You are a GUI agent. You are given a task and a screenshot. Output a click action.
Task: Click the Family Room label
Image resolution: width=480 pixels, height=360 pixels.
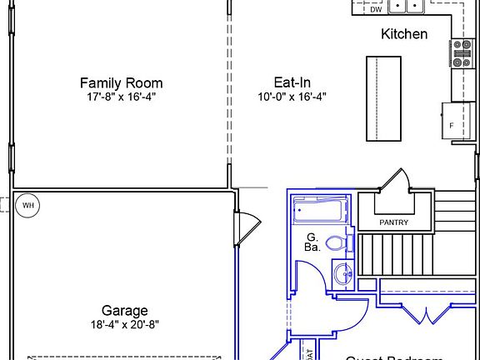121,82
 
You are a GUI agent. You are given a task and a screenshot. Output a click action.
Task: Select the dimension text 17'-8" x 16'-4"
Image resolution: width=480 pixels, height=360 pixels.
121,97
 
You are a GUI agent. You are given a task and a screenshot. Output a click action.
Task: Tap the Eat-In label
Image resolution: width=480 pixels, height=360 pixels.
292,82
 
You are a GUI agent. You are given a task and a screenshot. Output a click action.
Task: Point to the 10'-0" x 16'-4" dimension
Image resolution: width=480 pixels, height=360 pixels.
292,97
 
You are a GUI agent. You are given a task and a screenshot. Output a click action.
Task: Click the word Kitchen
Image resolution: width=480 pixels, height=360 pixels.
404,34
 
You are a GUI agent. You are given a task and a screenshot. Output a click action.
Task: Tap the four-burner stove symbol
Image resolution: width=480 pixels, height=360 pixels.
462,54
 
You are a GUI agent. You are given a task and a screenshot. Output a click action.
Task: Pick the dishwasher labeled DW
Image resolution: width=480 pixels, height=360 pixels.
376,9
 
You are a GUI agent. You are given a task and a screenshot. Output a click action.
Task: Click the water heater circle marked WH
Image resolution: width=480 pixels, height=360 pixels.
27,204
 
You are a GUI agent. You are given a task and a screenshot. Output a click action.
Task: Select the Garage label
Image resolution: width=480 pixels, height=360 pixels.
125,311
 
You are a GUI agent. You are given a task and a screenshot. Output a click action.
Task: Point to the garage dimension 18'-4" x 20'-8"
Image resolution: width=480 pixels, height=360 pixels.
125,325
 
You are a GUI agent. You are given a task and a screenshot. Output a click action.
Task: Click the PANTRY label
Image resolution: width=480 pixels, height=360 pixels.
393,222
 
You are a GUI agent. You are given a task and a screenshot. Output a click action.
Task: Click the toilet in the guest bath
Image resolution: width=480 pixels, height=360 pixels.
337,243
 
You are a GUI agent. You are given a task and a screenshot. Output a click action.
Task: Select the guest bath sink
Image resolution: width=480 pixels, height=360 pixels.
341,272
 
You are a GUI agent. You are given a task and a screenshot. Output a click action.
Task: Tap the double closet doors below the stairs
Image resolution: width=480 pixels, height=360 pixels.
427,315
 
